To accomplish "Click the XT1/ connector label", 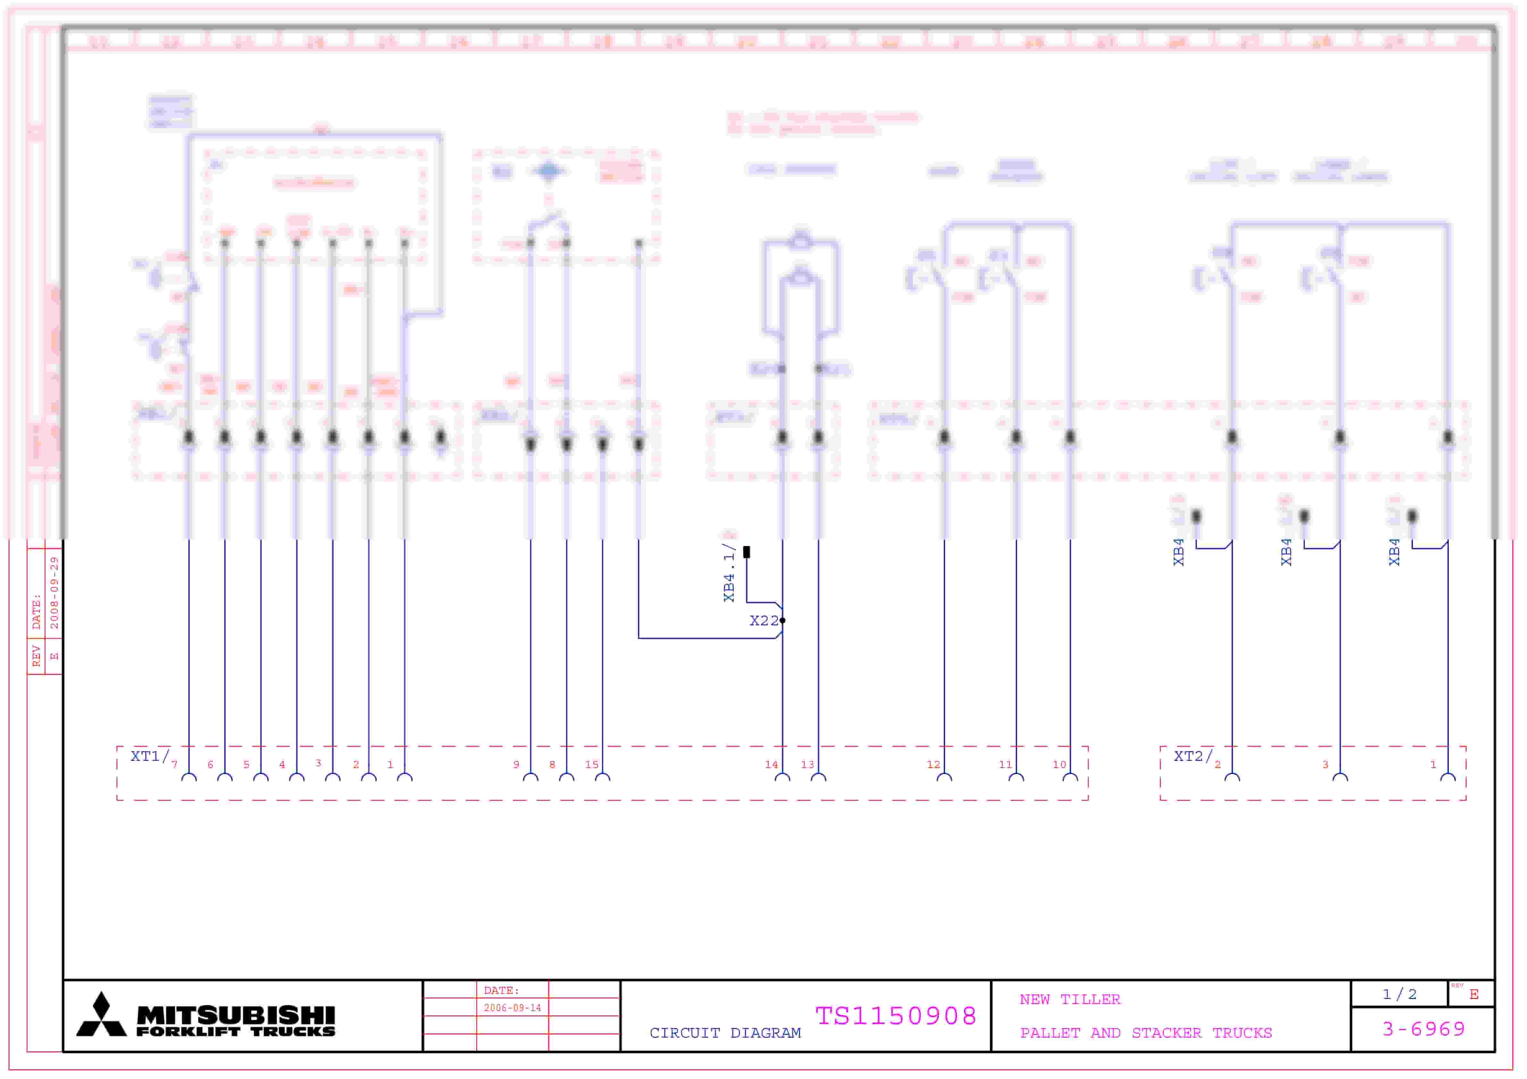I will [149, 757].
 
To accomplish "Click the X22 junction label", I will [763, 621].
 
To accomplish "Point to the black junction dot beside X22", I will [783, 621].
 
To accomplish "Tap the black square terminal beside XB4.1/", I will [747, 552].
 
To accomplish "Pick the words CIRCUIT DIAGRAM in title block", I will [725, 1033].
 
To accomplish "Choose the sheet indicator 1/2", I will [1399, 994].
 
